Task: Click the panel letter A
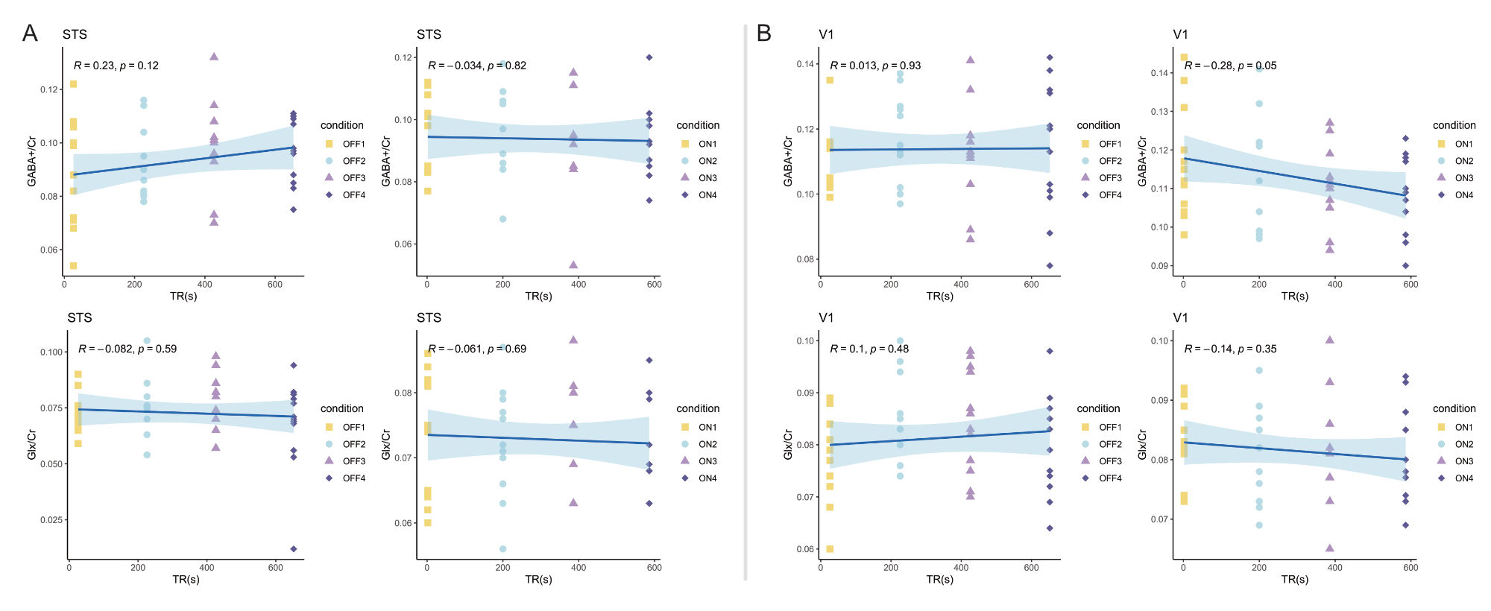click(30, 33)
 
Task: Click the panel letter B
click(764, 33)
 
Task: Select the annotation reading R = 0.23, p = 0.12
click(116, 66)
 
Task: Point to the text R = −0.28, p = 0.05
click(1230, 66)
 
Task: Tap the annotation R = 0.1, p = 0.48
click(869, 349)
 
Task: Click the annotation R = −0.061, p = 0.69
click(477, 349)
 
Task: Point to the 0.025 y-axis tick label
click(51, 520)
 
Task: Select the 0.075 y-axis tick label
click(51, 408)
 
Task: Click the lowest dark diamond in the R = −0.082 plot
click(294, 549)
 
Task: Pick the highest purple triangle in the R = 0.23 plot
click(214, 57)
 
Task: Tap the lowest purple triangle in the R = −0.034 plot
click(573, 265)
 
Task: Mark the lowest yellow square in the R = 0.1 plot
click(830, 549)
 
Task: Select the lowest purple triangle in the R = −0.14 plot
click(1330, 548)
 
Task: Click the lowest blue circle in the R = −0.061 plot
click(503, 549)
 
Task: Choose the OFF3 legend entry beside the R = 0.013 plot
click(1110, 178)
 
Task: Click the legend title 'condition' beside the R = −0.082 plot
click(342, 408)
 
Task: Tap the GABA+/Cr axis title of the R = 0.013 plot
click(788, 161)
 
